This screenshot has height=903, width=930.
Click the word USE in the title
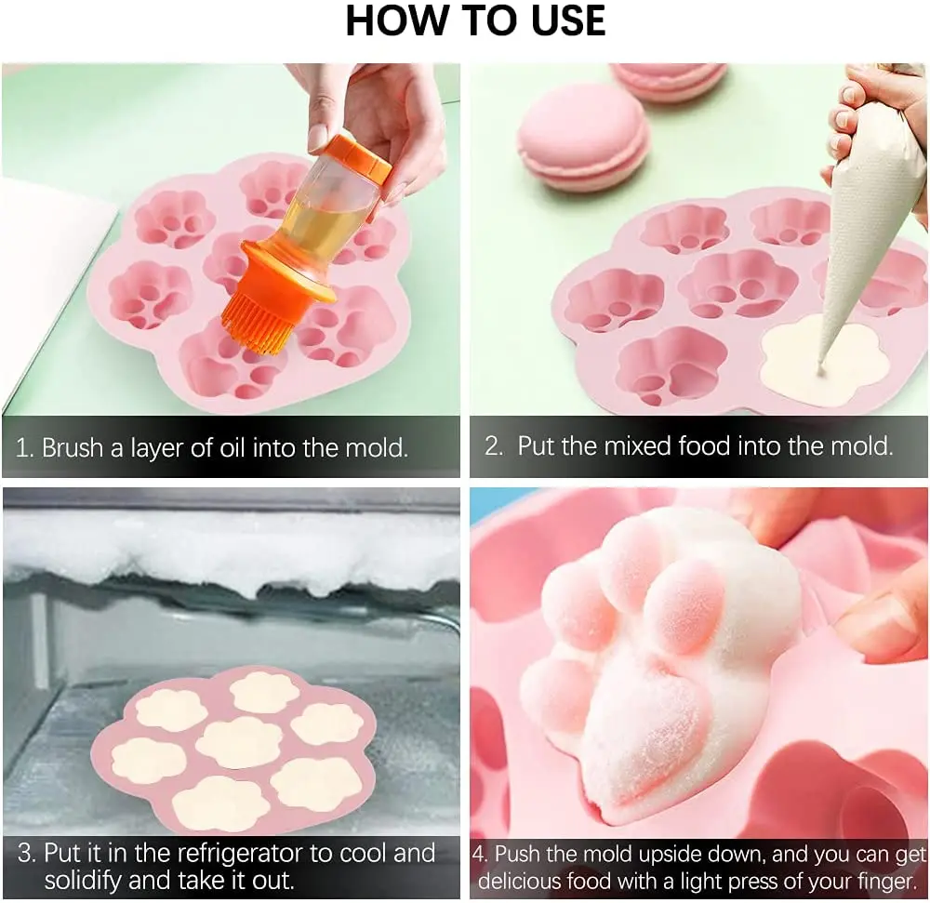pyautogui.click(x=567, y=20)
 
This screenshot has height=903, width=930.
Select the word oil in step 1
pyautogui.click(x=232, y=447)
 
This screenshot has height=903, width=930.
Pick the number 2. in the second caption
pyautogui.click(x=495, y=445)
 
